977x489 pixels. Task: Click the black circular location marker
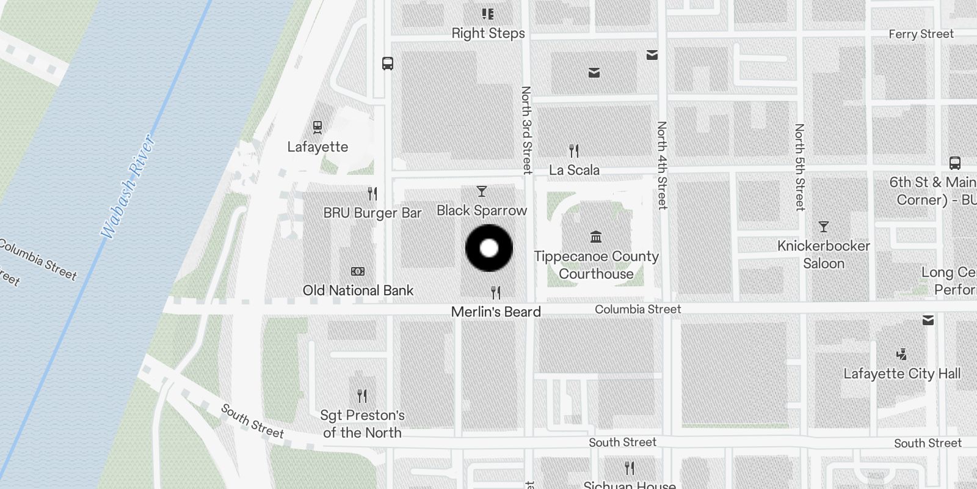(488, 248)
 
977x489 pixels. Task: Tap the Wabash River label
(128, 187)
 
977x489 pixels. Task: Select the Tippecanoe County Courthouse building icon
(596, 237)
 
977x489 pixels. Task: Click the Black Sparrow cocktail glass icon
(482, 192)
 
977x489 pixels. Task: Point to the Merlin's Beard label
(496, 312)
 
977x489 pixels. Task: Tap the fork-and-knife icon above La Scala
(573, 150)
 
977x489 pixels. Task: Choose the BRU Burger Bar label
(372, 213)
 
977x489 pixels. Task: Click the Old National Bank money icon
(358, 271)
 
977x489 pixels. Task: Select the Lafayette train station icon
(317, 127)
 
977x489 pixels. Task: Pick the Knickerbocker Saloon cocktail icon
(824, 227)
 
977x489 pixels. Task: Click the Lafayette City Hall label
(902, 373)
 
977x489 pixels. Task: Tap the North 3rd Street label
(526, 130)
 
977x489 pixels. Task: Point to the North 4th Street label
(662, 165)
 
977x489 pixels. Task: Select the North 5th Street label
(799, 167)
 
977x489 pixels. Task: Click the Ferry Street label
(921, 34)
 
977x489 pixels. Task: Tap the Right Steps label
(488, 34)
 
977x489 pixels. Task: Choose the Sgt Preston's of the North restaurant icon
(362, 395)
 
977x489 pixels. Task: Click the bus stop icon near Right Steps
(388, 63)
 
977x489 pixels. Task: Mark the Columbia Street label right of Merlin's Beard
(637, 309)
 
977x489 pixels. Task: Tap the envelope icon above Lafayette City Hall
(928, 320)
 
